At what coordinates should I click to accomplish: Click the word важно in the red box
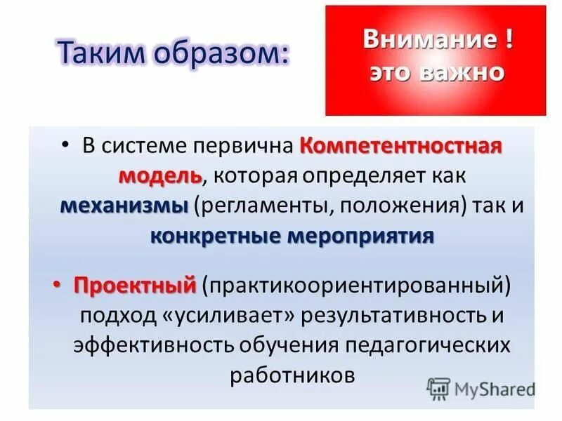[463, 72]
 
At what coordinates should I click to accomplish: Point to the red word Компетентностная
[402, 147]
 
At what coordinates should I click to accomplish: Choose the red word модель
[159, 175]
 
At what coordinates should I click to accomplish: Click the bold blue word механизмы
[124, 206]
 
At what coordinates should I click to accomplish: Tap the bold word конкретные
[215, 236]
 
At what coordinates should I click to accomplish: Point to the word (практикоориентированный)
[355, 286]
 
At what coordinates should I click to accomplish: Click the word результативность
[387, 315]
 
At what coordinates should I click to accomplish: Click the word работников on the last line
[291, 374]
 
